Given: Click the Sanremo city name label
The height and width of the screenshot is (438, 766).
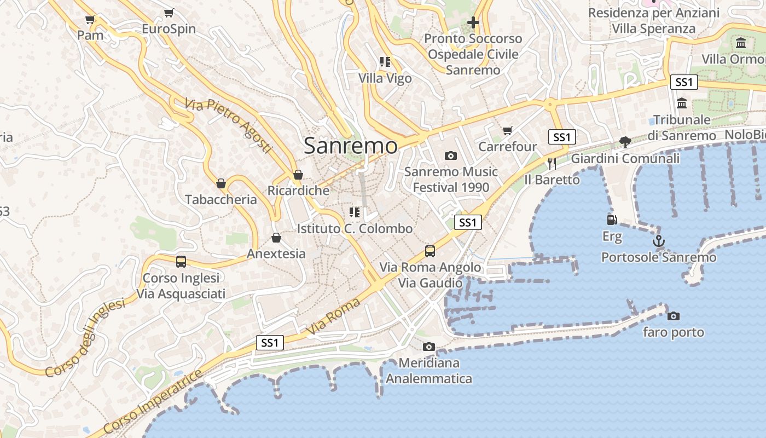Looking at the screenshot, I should click(351, 146).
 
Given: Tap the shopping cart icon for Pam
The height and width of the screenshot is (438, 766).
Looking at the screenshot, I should click(90, 20).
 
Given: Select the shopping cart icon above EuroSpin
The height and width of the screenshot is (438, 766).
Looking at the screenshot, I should click(169, 13).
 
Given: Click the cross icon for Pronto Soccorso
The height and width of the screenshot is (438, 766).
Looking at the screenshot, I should click(473, 22).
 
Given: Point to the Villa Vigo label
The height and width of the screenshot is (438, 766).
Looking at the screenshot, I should click(385, 78).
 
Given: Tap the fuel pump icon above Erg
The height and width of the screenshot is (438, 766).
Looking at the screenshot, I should click(612, 220).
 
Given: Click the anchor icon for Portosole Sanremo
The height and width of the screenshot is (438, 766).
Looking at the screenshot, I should click(659, 241).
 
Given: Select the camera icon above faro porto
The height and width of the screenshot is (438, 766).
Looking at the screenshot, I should click(674, 316).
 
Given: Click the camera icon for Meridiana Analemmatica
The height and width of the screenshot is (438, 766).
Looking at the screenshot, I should click(429, 347).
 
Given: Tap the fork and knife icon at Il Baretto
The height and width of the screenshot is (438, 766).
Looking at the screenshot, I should click(552, 163).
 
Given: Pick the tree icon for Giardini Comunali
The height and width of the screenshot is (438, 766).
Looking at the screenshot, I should click(625, 142).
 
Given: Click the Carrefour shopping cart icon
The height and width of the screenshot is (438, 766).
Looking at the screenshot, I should click(508, 130).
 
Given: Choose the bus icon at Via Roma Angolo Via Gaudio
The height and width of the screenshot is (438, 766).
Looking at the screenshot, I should click(430, 251).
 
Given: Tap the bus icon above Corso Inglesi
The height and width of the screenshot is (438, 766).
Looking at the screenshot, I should click(181, 262).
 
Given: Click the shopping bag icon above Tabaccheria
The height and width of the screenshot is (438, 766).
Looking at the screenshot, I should click(221, 183).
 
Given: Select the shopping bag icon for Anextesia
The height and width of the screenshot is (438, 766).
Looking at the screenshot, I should click(276, 238).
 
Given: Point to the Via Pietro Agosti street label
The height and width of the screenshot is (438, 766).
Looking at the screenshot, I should click(228, 126).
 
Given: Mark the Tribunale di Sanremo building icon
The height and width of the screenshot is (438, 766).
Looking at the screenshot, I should click(682, 103).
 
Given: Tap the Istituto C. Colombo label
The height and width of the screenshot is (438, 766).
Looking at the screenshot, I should click(355, 228).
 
